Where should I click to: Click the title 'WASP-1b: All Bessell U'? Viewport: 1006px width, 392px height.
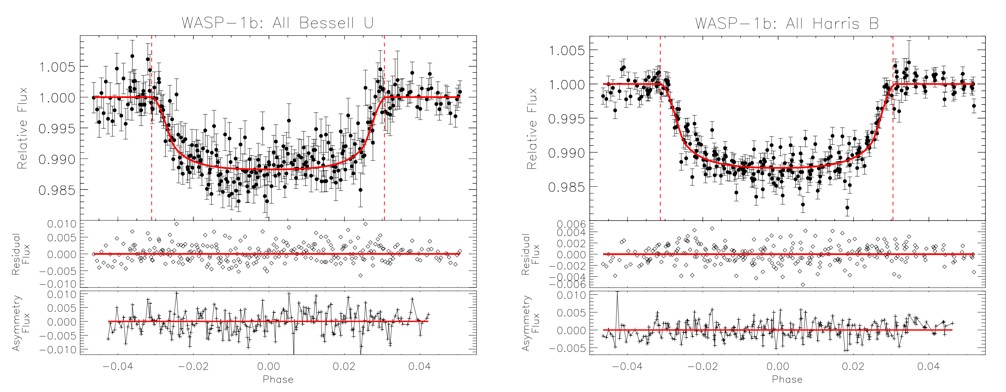(278, 23)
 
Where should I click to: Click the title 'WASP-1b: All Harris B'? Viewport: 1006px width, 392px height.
(787, 23)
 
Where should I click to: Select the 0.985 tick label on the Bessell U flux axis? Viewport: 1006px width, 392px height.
(57, 190)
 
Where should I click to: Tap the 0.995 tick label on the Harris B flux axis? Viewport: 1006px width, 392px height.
(567, 119)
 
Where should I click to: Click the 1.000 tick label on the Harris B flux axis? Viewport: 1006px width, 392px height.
(567, 84)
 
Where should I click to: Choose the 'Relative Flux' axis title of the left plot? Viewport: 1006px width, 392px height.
(22, 128)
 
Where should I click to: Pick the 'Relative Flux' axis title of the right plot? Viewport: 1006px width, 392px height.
(532, 128)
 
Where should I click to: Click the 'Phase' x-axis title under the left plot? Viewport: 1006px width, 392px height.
(278, 379)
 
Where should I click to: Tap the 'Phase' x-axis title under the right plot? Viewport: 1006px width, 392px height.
(787, 379)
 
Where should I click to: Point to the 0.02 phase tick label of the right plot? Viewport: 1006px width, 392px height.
(853, 366)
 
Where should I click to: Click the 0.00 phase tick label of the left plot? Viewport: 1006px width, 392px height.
(268, 366)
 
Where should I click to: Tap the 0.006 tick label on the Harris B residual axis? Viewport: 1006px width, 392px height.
(571, 224)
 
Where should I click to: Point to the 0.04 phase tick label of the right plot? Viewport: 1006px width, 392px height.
(928, 366)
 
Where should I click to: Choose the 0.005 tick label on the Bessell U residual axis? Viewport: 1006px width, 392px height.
(62, 238)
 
